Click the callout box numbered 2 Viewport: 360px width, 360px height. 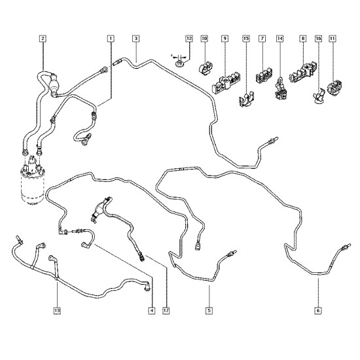43,39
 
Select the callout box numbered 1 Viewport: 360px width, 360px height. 111,39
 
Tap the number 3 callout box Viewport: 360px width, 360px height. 136,39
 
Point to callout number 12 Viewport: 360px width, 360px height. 189,39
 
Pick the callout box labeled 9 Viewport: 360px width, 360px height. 225,39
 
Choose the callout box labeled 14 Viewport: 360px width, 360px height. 279,39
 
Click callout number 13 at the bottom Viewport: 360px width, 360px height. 57,311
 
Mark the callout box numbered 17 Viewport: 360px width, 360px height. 166,311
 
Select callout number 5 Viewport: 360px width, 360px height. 209,311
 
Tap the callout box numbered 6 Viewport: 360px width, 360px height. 318,311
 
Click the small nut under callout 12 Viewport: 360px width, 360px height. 179,63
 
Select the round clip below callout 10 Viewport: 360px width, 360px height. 206,67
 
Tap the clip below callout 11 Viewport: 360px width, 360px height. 334,88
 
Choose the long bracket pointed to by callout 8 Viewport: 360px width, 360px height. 302,71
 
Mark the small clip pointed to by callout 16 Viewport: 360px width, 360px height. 319,96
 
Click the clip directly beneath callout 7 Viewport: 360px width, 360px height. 264,75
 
